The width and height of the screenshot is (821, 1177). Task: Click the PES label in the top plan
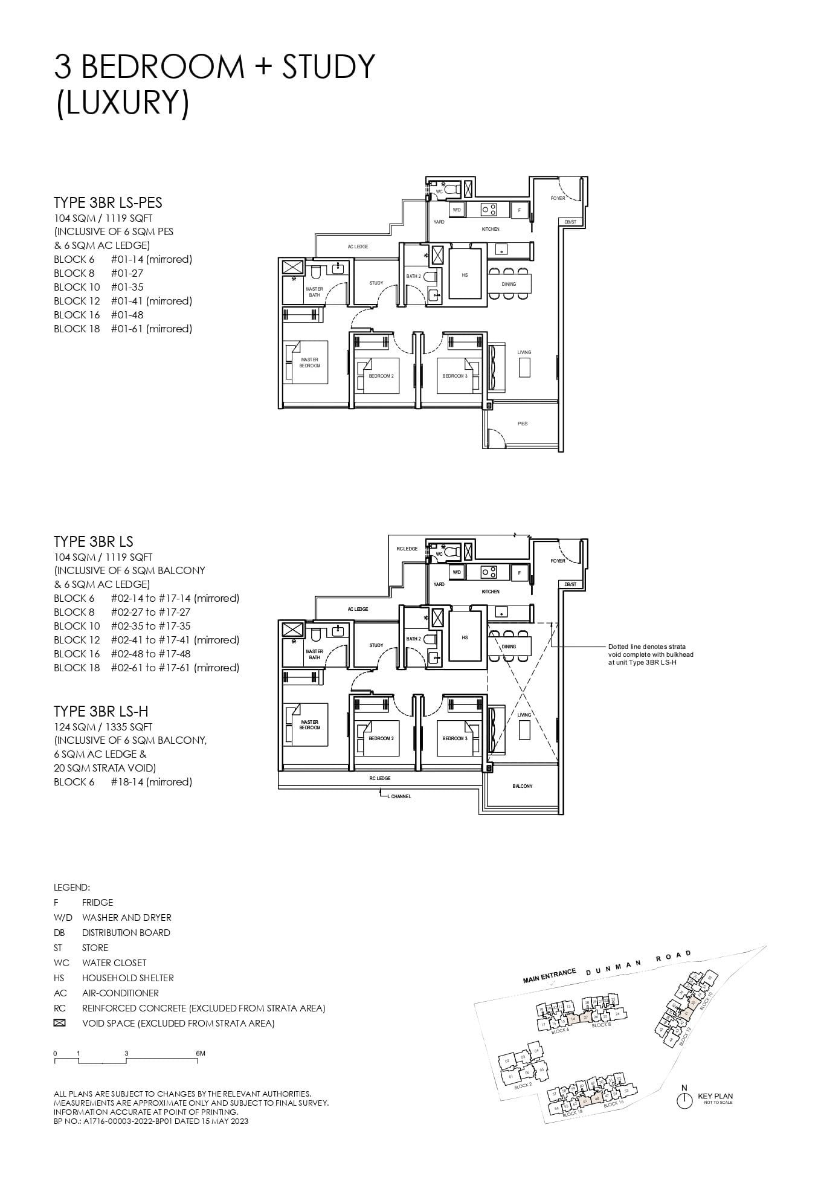(x=523, y=424)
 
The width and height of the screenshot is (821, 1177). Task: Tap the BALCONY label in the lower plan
(x=523, y=786)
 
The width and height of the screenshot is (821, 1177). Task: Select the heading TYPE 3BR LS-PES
(x=108, y=202)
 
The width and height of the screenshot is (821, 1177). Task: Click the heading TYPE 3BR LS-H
(x=101, y=711)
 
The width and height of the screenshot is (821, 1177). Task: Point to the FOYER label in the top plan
(x=558, y=198)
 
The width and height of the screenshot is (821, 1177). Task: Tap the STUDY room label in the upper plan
(x=376, y=283)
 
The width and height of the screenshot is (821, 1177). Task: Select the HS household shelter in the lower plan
(x=465, y=637)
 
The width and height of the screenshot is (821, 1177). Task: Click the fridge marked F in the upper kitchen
(x=520, y=210)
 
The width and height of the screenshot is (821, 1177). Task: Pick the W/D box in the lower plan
(x=457, y=572)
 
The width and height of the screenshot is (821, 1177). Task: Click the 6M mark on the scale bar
(x=201, y=1053)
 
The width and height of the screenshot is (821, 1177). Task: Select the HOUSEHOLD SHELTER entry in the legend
(x=127, y=978)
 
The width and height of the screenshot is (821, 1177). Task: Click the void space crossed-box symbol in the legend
(x=59, y=1023)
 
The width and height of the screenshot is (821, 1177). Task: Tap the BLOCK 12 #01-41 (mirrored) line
(x=123, y=301)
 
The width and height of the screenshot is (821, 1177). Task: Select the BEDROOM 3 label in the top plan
(x=454, y=376)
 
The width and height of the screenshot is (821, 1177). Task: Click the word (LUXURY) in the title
(x=123, y=103)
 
